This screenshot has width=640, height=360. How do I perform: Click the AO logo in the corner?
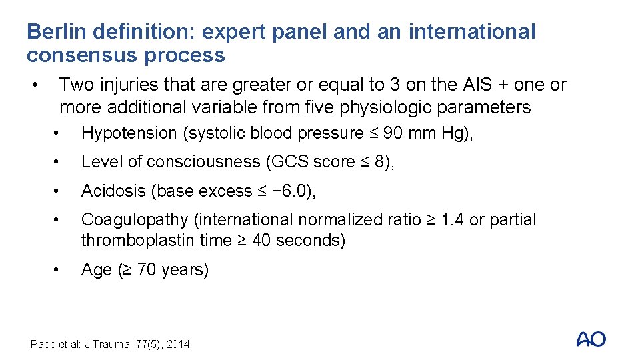591,339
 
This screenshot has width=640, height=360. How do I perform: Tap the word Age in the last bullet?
96,270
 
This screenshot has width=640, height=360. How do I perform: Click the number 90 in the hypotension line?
393,133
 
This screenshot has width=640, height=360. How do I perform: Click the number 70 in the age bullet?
147,270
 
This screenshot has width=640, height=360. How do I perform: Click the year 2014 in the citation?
178,344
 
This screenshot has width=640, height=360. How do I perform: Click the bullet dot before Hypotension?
59,133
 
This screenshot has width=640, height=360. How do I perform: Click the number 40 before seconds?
263,241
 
